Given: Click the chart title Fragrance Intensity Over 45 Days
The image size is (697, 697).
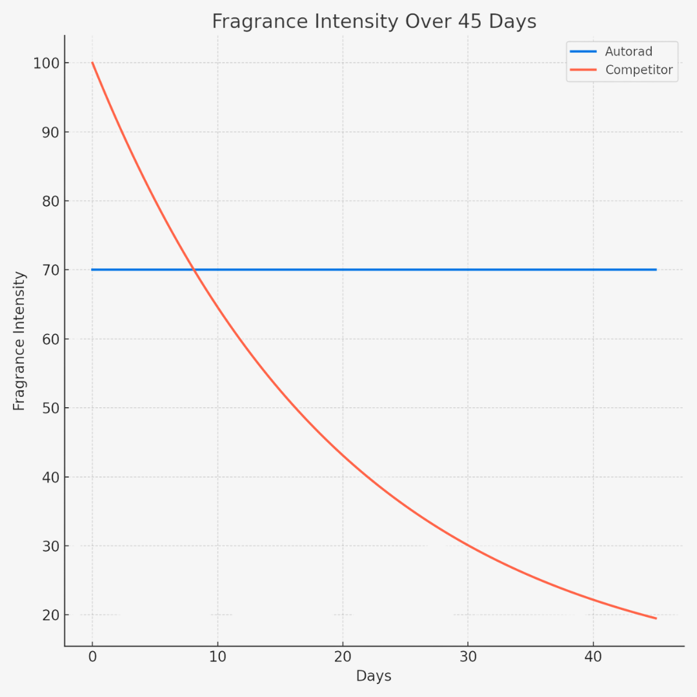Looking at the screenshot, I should pyautogui.click(x=374, y=21).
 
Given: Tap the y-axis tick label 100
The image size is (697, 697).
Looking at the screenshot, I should pyautogui.click(x=47, y=63).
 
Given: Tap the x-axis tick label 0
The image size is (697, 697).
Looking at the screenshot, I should pyautogui.click(x=92, y=657).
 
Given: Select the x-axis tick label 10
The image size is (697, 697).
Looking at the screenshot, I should pyautogui.click(x=217, y=657).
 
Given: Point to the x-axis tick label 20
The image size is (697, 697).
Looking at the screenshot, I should pyautogui.click(x=343, y=657).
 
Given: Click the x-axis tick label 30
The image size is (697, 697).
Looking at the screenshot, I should pyautogui.click(x=468, y=657).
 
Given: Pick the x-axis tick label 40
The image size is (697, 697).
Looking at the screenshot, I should pyautogui.click(x=593, y=657).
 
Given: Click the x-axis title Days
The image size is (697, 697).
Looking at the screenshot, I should pyautogui.click(x=374, y=676).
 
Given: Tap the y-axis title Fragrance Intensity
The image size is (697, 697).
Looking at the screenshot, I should pyautogui.click(x=19, y=341).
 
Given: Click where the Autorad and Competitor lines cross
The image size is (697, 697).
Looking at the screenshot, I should pyautogui.click(x=193, y=270).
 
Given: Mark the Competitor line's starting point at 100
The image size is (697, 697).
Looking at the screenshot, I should pyautogui.click(x=92, y=63).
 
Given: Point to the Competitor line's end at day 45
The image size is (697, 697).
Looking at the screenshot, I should pyautogui.click(x=656, y=618).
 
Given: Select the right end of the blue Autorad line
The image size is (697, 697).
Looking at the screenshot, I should pyautogui.click(x=656, y=270).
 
